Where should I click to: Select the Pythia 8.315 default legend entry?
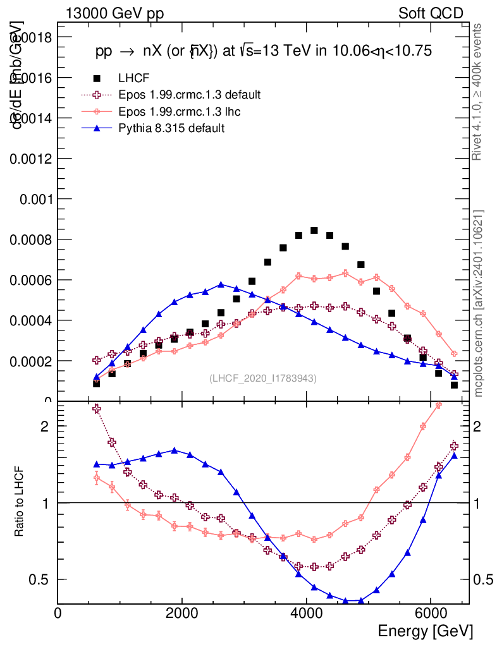coord(171,128)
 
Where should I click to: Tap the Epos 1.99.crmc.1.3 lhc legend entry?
coord(180,111)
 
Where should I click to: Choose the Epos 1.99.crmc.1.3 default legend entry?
coord(189,95)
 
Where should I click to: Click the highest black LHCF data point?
coord(314,231)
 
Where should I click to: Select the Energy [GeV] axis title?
coord(425,631)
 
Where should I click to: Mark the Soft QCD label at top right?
coord(431,13)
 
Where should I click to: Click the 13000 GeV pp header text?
coord(114,13)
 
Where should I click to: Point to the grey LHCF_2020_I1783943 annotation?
coord(263,378)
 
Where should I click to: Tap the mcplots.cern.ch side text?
coord(479,303)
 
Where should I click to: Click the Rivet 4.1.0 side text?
coord(479,92)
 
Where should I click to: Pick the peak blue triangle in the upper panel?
coord(221,285)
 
